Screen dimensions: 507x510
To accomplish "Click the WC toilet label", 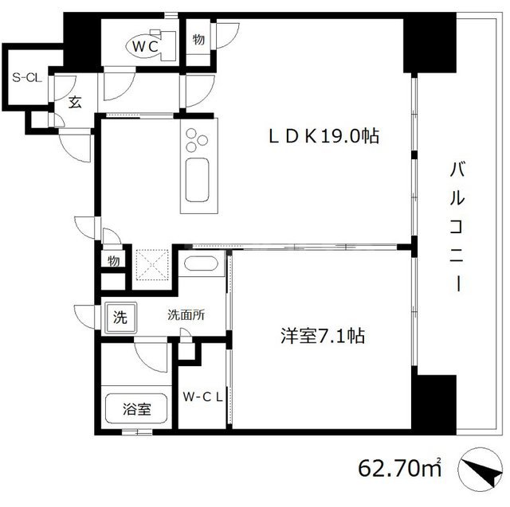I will tap(145, 47).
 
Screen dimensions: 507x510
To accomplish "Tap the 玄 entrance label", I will tap(73, 102).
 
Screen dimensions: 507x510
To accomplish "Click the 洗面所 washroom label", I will tap(186, 314).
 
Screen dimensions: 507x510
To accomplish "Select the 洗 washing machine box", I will tap(119, 318).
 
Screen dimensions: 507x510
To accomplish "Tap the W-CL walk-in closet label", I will tap(202, 396).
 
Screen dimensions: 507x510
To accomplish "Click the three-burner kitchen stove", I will tap(195, 142).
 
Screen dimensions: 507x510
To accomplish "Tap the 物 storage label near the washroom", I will tap(115, 259).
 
